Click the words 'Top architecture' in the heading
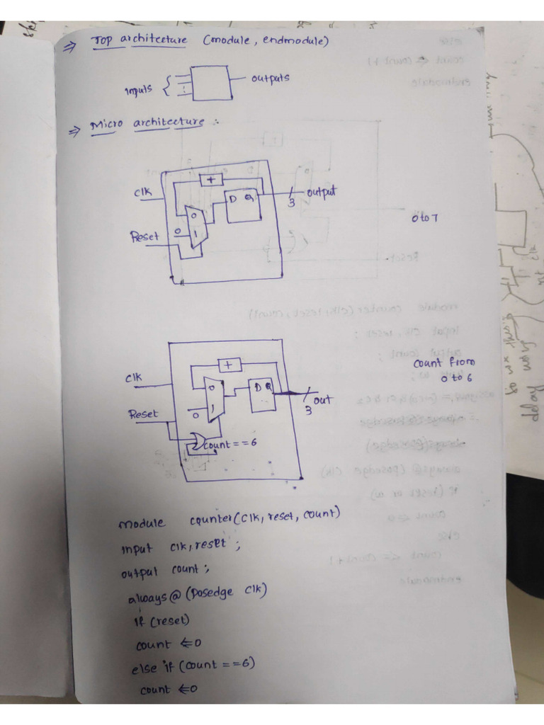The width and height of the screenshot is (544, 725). coord(139,40)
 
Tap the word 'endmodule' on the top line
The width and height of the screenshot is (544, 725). coord(295,41)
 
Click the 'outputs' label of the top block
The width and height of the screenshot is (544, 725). coord(270,78)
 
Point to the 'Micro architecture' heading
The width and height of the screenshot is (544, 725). coord(147,124)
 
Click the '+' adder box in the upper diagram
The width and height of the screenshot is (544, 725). coord(210,180)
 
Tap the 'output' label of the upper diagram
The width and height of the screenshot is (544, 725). coord(321,192)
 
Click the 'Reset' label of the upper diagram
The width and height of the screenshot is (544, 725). coord(144,236)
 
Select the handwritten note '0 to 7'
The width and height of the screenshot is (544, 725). coord(424,217)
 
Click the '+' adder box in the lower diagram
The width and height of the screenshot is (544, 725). coord(228,365)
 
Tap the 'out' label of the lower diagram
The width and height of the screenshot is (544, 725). coord(322,400)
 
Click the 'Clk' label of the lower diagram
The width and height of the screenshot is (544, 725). coord(133,378)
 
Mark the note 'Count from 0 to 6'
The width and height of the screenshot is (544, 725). coord(445,370)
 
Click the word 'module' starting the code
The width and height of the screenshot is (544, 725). coord(142,524)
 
